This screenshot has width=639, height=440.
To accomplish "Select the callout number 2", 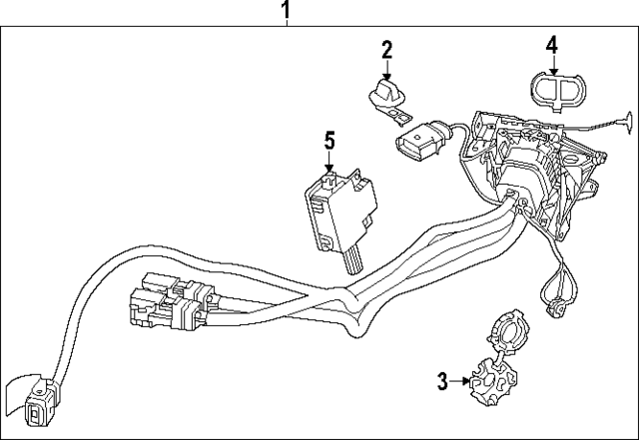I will click(386, 49).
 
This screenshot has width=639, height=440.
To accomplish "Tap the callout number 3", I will click(442, 380).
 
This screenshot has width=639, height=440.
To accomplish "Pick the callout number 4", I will click(552, 45).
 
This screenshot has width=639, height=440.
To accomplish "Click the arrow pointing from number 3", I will click(460, 380).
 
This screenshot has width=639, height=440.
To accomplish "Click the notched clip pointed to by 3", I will click(492, 379).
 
